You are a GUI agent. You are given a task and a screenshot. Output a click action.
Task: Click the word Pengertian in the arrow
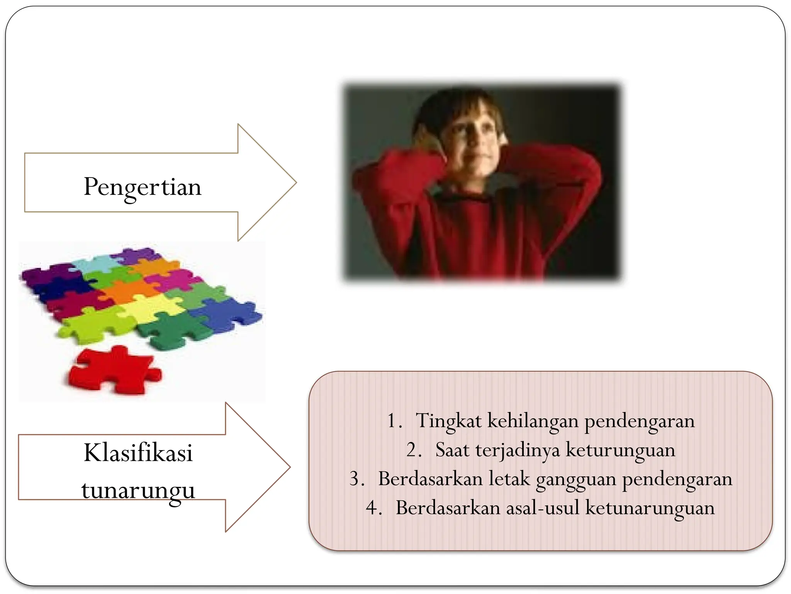click(x=143, y=187)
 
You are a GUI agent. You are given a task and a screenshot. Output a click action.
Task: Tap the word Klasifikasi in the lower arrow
click(x=138, y=453)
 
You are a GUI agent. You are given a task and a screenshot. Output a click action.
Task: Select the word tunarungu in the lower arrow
click(x=138, y=490)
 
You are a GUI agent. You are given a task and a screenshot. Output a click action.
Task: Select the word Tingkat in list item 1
click(x=448, y=421)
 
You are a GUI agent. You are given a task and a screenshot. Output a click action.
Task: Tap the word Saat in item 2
click(x=452, y=450)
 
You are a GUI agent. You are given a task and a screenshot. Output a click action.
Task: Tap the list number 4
click(x=372, y=508)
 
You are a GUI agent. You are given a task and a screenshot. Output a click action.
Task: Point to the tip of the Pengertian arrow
click(x=295, y=183)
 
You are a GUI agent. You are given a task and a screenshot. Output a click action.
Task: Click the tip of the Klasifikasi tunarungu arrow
click(x=289, y=467)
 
